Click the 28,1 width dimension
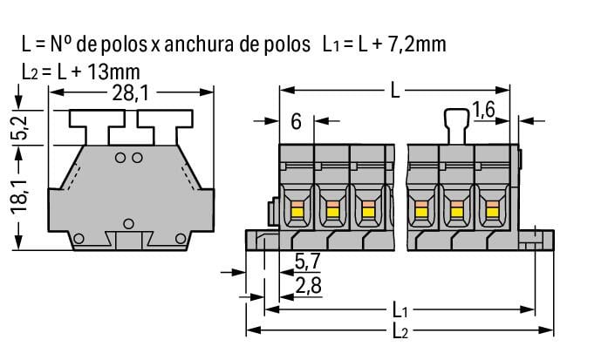127,93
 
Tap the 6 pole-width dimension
296,122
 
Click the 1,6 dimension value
485,111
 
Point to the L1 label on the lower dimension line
400,309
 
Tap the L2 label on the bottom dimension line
400,331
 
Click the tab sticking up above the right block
454,123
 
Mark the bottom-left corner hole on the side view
79,239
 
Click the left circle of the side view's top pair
121,158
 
